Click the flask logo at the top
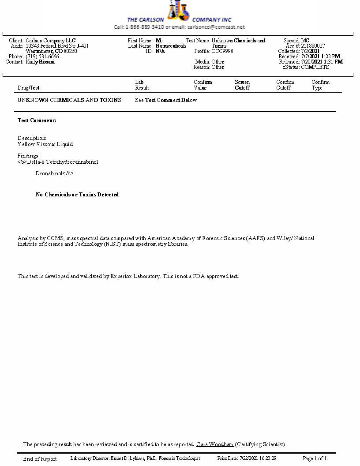coord(178,11)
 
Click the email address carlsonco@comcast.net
coord(216,27)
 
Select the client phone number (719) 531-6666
coord(42,56)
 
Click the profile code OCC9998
coord(222,51)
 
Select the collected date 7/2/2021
coord(311,51)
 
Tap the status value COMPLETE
coord(315,67)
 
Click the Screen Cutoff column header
coord(242,85)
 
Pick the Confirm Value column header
coord(203,85)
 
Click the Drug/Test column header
coord(28,88)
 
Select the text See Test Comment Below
coord(166,100)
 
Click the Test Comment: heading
coord(37,120)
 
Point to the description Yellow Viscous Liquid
coord(45,144)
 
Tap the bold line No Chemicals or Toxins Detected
coord(77,195)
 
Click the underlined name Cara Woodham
coord(215,444)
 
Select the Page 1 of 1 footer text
coord(315,458)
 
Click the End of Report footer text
coord(40,459)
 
